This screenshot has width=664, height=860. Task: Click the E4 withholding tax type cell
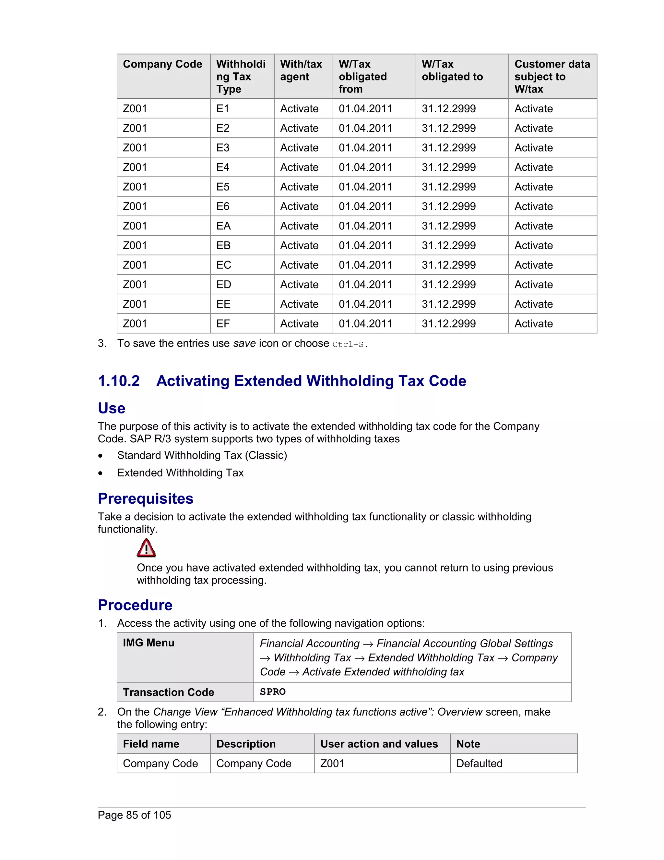coord(223,167)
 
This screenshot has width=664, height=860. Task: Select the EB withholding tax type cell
coord(223,245)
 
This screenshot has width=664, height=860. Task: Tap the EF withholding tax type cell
coord(223,324)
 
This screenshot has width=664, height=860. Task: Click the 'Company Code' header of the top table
coord(162,64)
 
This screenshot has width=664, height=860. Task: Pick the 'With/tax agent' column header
coord(301,70)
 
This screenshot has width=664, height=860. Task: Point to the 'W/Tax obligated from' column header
coord(363,76)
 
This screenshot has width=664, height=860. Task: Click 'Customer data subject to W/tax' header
coord(552,76)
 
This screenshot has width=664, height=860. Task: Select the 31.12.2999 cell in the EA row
coord(448,226)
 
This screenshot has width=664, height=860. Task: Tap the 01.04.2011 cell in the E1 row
coord(365,109)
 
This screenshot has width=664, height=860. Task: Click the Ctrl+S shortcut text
coord(348,345)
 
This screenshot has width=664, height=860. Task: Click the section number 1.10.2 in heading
coord(119,381)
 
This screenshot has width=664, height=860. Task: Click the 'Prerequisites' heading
coord(146,498)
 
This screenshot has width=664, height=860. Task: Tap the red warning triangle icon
coord(146,548)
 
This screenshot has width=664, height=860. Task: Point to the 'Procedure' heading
coord(135,605)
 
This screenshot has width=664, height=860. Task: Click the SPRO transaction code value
coord(273,692)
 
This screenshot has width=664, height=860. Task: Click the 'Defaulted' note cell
coord(479,764)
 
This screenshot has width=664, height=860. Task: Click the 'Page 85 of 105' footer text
coord(134,815)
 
